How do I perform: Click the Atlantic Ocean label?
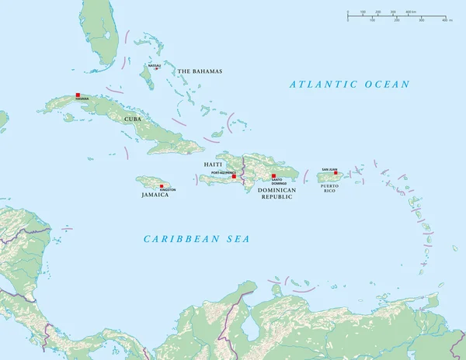349,84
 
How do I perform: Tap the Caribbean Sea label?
196,238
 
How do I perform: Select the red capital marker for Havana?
78,95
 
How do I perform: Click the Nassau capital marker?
156,69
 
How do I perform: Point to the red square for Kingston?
162,186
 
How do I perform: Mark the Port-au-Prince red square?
234,176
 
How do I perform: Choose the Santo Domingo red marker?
273,175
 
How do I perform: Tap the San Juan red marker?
336,173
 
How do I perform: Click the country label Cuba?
131,119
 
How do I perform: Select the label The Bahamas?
200,71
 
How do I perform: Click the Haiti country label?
214,164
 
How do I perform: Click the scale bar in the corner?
397,15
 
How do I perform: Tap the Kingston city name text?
168,190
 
